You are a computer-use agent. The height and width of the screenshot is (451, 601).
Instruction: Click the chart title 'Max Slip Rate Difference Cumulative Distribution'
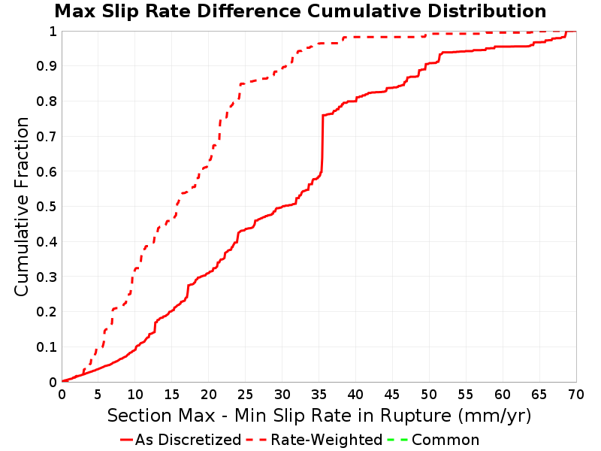pyautogui.click(x=300, y=11)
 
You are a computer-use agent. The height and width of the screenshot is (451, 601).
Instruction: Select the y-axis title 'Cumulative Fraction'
pyautogui.click(x=22, y=206)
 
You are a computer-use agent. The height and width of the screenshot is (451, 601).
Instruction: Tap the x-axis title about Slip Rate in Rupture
pyautogui.click(x=319, y=416)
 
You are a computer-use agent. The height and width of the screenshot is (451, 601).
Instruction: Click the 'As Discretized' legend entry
pyautogui.click(x=180, y=440)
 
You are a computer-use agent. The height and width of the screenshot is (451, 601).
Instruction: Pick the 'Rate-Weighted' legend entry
pyautogui.click(x=314, y=440)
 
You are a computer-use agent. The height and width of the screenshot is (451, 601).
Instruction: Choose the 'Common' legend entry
pyautogui.click(x=433, y=440)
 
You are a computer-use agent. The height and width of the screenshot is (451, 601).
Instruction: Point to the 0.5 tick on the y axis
pyautogui.click(x=47, y=207)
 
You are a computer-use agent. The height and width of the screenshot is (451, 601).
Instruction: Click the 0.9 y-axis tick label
pyautogui.click(x=47, y=66)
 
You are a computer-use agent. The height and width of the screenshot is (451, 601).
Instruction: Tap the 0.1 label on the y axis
pyautogui.click(x=47, y=347)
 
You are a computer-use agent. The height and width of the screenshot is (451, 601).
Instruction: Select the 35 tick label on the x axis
pyautogui.click(x=319, y=395)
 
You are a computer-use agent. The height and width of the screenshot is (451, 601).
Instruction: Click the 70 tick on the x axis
pyautogui.click(x=576, y=395)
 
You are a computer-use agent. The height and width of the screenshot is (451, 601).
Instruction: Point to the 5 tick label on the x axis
pyautogui.click(x=98, y=395)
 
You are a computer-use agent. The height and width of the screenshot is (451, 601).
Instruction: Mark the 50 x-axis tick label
pyautogui.click(x=429, y=395)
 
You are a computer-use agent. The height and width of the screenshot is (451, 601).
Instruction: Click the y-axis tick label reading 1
pyautogui.click(x=53, y=32)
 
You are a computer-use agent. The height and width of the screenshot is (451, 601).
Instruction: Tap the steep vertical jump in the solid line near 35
pyautogui.click(x=322, y=144)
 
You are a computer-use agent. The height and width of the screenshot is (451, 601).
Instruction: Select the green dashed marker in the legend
pyautogui.click(x=397, y=440)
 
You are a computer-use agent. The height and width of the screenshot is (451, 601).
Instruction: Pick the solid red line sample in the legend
pyautogui.click(x=126, y=440)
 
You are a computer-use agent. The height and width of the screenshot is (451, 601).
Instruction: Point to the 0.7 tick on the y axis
pyautogui.click(x=47, y=137)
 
